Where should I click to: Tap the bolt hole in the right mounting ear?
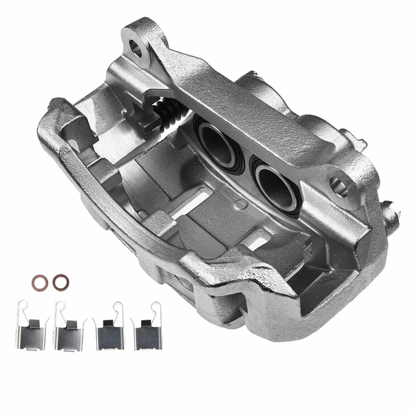click(x=337, y=184)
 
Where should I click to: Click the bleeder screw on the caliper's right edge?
click(x=391, y=217)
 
